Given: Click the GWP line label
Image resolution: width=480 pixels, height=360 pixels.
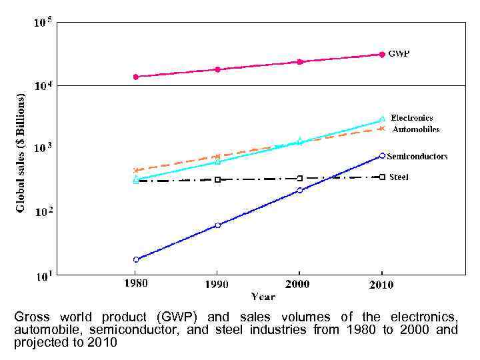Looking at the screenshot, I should (399, 54).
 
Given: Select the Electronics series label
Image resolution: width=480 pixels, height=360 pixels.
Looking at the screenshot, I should (411, 118).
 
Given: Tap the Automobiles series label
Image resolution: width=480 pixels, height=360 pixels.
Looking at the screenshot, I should (415, 129).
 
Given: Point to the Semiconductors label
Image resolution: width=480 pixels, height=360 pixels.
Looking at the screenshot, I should (417, 156).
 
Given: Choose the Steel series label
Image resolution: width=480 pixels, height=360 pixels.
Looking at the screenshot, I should (399, 177).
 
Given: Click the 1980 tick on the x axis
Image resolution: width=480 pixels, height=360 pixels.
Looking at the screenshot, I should (136, 283).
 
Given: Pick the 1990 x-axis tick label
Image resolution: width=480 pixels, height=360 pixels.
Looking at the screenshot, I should (216, 284).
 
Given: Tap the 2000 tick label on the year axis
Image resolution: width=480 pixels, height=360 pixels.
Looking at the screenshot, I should (299, 283).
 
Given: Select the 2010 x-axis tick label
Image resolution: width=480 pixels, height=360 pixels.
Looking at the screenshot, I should (381, 284).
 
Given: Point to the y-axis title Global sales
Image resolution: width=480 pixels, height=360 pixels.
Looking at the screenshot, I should (21, 153).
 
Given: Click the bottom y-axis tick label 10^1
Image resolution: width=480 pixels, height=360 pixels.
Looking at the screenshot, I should (43, 275).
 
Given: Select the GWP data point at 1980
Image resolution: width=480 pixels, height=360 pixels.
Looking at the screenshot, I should (136, 77).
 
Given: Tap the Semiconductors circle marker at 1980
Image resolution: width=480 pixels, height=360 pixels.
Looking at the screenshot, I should (136, 259).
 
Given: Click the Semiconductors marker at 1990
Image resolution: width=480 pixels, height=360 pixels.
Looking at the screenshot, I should (218, 225).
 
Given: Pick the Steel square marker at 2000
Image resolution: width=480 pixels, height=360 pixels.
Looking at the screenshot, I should (300, 178).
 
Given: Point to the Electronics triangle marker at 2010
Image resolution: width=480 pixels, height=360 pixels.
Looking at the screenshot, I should (382, 119).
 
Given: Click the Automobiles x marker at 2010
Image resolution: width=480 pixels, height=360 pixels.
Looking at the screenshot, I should (382, 128).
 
